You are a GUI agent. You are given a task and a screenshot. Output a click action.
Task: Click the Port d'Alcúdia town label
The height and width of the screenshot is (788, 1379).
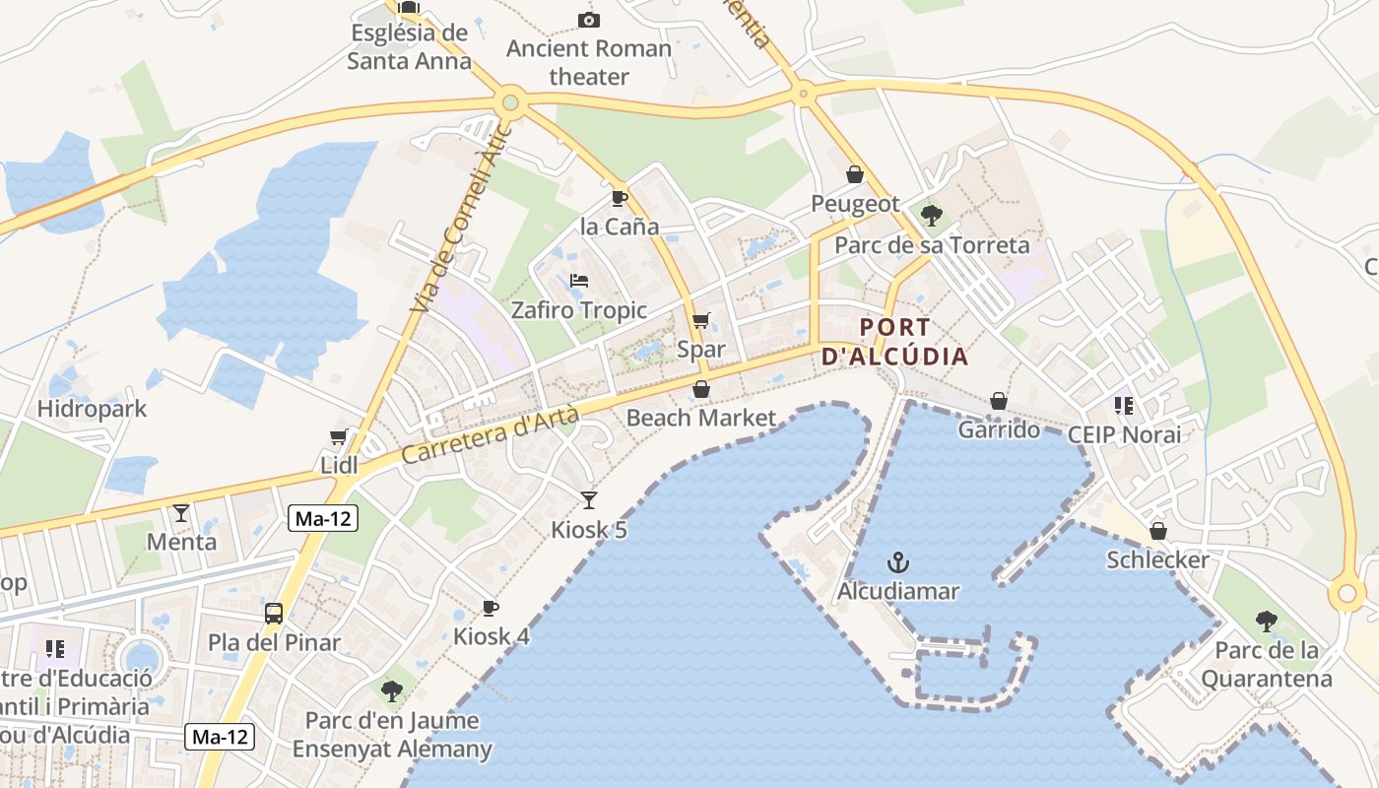point(895,342)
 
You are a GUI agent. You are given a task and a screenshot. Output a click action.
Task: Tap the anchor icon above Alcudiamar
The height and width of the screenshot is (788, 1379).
point(897,562)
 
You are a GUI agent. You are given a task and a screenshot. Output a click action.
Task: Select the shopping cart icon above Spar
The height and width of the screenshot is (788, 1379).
point(701,320)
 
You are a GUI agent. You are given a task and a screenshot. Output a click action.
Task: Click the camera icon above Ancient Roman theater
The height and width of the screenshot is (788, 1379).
point(589,20)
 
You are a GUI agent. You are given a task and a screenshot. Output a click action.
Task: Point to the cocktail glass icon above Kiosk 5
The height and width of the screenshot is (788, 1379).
point(589,499)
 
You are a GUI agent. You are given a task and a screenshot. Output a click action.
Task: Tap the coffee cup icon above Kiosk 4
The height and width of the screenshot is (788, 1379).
point(491,608)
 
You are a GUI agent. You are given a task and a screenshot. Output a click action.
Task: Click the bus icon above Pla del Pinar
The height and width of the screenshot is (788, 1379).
point(274,614)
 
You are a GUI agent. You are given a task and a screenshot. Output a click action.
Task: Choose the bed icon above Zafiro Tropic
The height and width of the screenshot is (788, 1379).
point(579,282)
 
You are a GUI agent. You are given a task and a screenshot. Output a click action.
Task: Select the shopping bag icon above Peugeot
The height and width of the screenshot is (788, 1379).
point(855,174)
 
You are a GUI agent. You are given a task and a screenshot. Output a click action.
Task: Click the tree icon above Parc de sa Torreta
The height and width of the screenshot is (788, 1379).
point(931,215)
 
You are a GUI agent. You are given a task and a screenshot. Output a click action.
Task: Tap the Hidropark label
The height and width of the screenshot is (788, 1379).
point(92,409)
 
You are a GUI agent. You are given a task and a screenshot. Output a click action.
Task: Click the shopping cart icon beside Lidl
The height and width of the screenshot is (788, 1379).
point(339,436)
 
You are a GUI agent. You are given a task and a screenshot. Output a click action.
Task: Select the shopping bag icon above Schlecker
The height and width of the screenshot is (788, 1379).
point(1158,531)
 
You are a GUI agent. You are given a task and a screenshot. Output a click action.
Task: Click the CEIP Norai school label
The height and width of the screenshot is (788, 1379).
point(1124,434)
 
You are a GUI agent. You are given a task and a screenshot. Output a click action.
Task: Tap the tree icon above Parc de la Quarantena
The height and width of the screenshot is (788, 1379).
point(1267,622)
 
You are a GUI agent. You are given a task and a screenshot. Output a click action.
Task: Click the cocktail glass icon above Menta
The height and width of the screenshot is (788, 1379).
point(181,512)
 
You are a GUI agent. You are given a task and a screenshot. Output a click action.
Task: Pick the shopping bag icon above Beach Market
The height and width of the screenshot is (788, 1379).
point(701,390)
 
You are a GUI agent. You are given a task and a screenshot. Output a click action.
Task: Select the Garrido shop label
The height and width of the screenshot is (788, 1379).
point(999,429)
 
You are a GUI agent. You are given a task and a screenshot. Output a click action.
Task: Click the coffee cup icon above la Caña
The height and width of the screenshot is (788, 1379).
point(620,198)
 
